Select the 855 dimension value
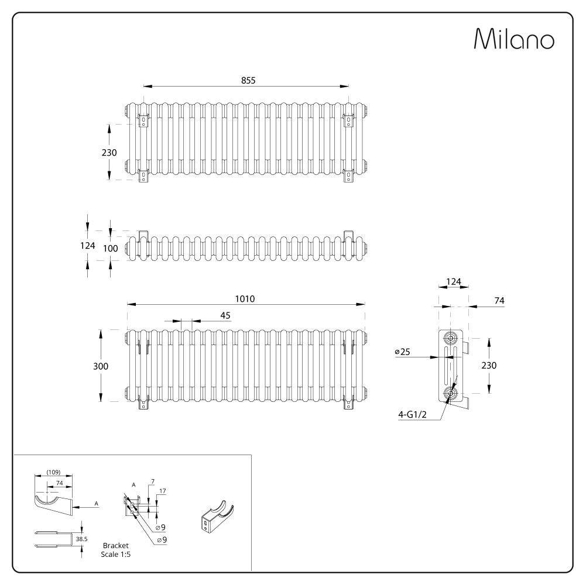248,80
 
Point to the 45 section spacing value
225,315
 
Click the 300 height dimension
101,366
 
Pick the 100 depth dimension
110,247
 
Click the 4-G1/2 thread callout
412,415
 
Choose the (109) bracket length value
53,472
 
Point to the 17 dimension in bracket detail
163,491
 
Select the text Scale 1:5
115,553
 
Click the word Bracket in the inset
115,545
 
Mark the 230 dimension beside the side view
488,365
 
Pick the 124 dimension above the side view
453,282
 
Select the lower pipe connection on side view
451,393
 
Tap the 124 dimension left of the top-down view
87,246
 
